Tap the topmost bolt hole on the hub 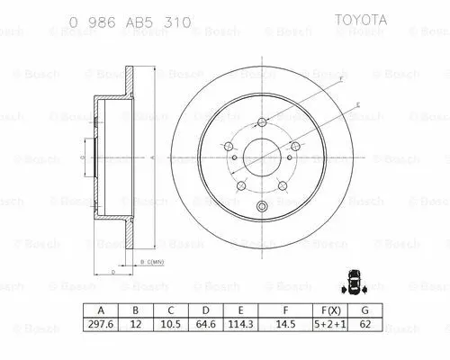[262, 123]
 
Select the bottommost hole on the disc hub [262, 209]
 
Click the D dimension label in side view [110, 270]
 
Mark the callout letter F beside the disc [342, 79]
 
